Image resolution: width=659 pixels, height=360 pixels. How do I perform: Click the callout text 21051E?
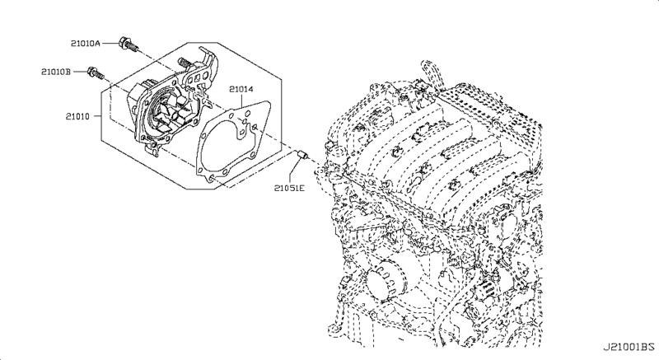click(290, 189)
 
